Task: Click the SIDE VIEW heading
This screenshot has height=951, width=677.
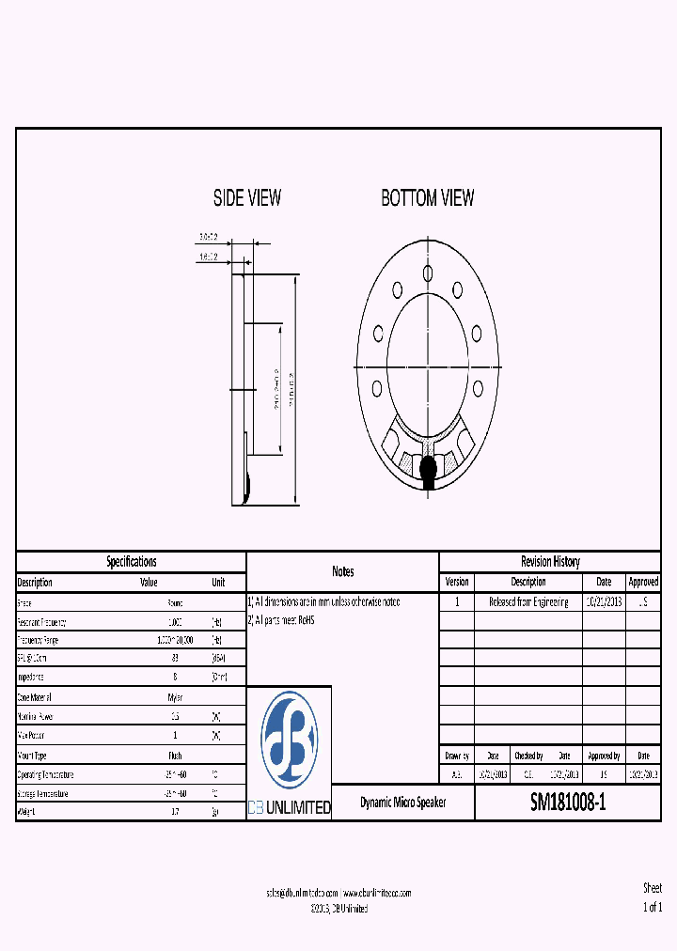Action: [246, 198]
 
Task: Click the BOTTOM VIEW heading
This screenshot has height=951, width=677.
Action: [427, 198]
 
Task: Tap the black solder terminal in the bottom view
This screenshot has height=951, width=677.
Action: [428, 467]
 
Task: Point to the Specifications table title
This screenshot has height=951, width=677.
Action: [131, 562]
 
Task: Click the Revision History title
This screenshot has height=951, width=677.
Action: [550, 562]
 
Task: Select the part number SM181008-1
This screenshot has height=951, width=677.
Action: [568, 803]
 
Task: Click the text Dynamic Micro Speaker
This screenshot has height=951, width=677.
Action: [403, 803]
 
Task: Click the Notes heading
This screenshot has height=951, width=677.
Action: [342, 571]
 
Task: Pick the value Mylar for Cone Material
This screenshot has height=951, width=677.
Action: [175, 698]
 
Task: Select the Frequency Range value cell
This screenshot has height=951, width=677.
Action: [175, 640]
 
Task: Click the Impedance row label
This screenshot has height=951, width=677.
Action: [33, 677]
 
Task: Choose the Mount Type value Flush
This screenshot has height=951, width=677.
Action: [175, 756]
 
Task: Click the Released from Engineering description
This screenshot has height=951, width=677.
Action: [527, 602]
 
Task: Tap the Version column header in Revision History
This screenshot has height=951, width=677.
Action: [456, 583]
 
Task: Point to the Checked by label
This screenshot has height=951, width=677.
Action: [527, 756]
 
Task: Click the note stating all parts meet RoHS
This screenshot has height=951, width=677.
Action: [282, 620]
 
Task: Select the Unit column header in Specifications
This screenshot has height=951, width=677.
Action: [218, 583]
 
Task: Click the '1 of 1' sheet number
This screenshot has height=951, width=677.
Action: [652, 908]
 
